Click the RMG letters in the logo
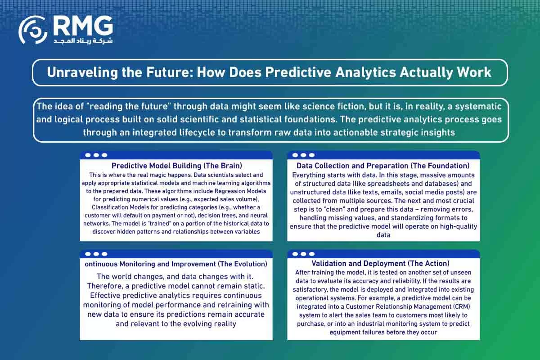click(83, 26)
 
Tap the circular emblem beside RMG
click(33, 30)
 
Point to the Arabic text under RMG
click(83, 41)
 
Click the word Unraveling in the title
click(82, 72)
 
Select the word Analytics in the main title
click(365, 72)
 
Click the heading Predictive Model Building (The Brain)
click(177, 166)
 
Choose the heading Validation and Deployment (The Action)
click(380, 263)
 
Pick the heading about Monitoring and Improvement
click(176, 264)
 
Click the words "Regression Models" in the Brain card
click(240, 191)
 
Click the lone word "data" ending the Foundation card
click(383, 235)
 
